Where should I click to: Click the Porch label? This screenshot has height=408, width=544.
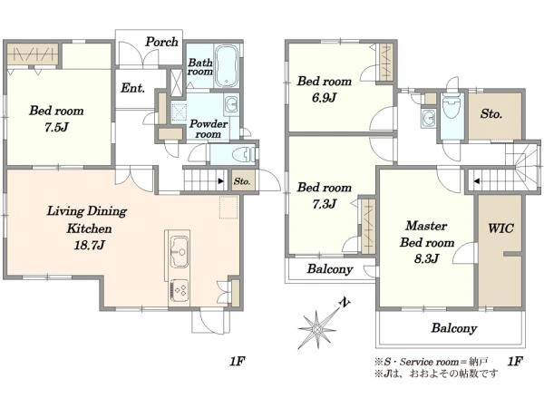[x=161, y=42]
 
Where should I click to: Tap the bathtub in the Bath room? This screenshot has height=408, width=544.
[x=227, y=65]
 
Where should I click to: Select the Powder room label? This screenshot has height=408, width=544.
[x=209, y=129]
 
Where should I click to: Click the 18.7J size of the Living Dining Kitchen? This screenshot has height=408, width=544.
[x=89, y=246]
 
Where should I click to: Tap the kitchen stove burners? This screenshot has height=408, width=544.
[x=180, y=290]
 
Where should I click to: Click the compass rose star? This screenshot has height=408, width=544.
[x=316, y=328]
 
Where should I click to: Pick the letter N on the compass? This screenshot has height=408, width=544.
[x=344, y=303]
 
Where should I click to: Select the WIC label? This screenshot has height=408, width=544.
[x=500, y=228]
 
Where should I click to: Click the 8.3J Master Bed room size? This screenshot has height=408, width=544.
[x=427, y=258]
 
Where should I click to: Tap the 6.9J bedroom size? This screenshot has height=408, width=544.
[x=324, y=98]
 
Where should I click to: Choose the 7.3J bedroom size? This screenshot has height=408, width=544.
[x=324, y=204]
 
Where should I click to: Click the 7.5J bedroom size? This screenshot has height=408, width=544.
[x=56, y=127]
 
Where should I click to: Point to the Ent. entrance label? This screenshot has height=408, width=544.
[x=132, y=88]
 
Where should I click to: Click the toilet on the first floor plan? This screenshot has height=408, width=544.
[x=244, y=154]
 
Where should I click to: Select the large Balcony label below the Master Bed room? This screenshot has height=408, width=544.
[x=454, y=328]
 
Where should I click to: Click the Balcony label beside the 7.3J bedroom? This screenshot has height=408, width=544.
[x=330, y=269]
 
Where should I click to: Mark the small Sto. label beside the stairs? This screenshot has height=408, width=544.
[x=242, y=181]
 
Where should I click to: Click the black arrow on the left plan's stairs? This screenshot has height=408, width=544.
[x=220, y=180]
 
